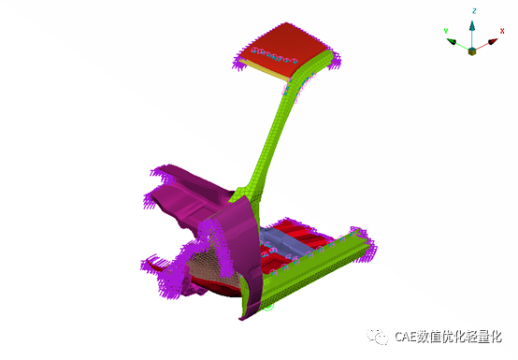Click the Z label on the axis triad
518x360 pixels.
coord(474,11)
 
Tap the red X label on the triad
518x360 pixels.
coord(502,31)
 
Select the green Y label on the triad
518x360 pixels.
coord(446,31)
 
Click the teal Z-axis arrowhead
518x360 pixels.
coord(472,26)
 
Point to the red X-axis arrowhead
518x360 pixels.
coord(493,42)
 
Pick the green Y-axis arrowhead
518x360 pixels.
coord(452,42)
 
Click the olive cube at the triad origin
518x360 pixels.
coord(472,51)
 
